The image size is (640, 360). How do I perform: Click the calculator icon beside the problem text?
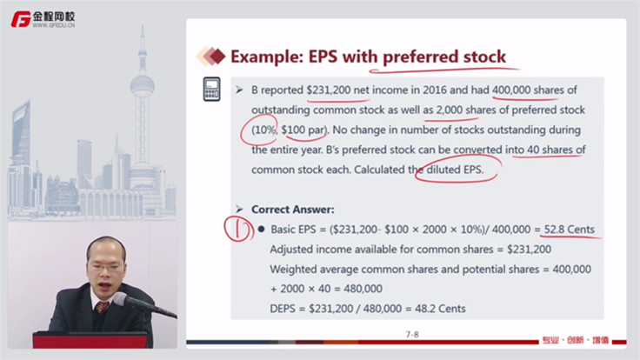[212, 89]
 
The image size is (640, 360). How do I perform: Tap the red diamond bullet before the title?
[217, 57]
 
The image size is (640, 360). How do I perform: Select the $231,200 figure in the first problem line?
[329, 90]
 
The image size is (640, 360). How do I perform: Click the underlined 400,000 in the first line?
[511, 90]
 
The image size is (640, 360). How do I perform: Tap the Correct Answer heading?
[293, 210]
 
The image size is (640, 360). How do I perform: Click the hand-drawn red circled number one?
[238, 230]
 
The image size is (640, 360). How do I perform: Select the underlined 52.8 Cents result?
[569, 230]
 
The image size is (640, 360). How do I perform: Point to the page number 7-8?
[412, 334]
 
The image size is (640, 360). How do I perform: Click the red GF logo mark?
[21, 19]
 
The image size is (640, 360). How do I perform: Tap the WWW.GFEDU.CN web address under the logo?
[53, 25]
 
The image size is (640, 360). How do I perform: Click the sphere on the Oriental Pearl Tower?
[142, 86]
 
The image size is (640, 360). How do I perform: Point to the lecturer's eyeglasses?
[105, 267]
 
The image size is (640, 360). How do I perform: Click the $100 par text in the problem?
[303, 130]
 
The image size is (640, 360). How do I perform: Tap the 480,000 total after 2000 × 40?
[363, 289]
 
